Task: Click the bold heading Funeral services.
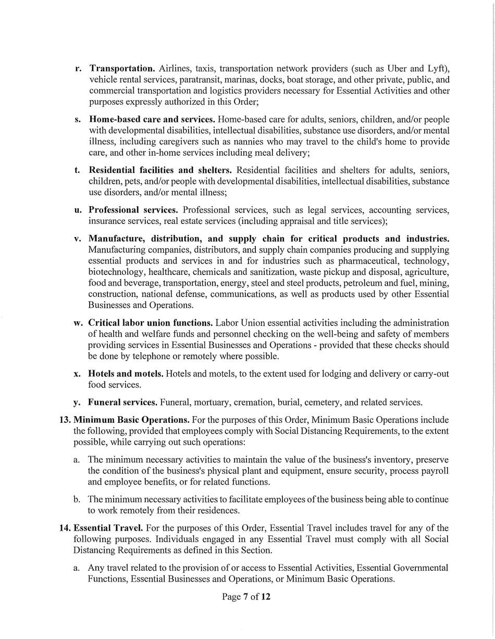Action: (122, 403)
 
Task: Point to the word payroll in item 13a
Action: (435, 471)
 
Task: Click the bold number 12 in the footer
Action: (266, 597)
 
